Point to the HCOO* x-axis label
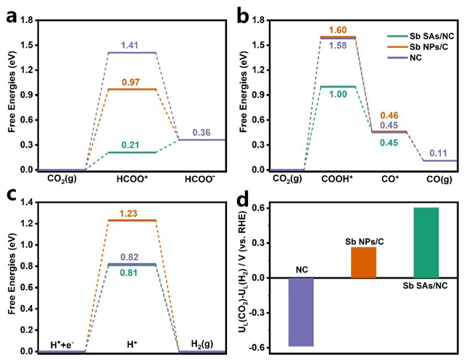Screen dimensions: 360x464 [132, 177]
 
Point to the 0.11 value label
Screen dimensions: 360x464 [437, 153]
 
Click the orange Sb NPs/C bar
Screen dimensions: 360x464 [363, 262]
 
